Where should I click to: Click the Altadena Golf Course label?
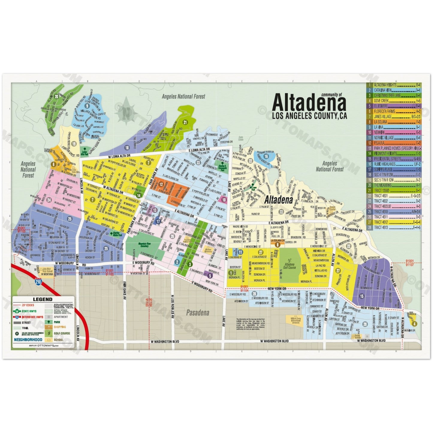pyautogui.click(x=289, y=266)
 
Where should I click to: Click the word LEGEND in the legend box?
pyautogui.click(x=42, y=299)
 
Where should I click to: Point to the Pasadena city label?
pyautogui.click(x=197, y=313)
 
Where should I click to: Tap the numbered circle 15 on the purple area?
pyautogui.click(x=362, y=296)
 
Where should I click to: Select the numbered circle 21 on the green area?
pyautogui.click(x=185, y=122)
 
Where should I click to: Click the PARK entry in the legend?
pyautogui.click(x=57, y=322)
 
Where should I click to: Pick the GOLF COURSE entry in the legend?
pyautogui.click(x=62, y=333)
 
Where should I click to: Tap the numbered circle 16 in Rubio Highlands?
pyautogui.click(x=266, y=156)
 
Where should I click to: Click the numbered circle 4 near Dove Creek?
pyautogui.click(x=414, y=324)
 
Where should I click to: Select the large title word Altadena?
pyautogui.click(x=309, y=103)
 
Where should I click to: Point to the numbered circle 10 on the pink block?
pyautogui.click(x=224, y=199)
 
